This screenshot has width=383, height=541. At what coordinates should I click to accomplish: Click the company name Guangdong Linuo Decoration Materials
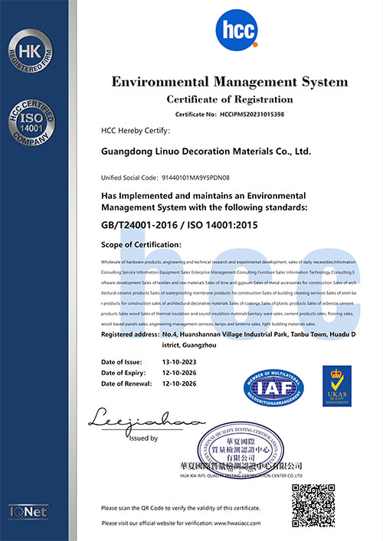click(x=207, y=152)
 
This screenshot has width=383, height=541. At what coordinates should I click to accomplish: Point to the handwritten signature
click(x=146, y=419)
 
